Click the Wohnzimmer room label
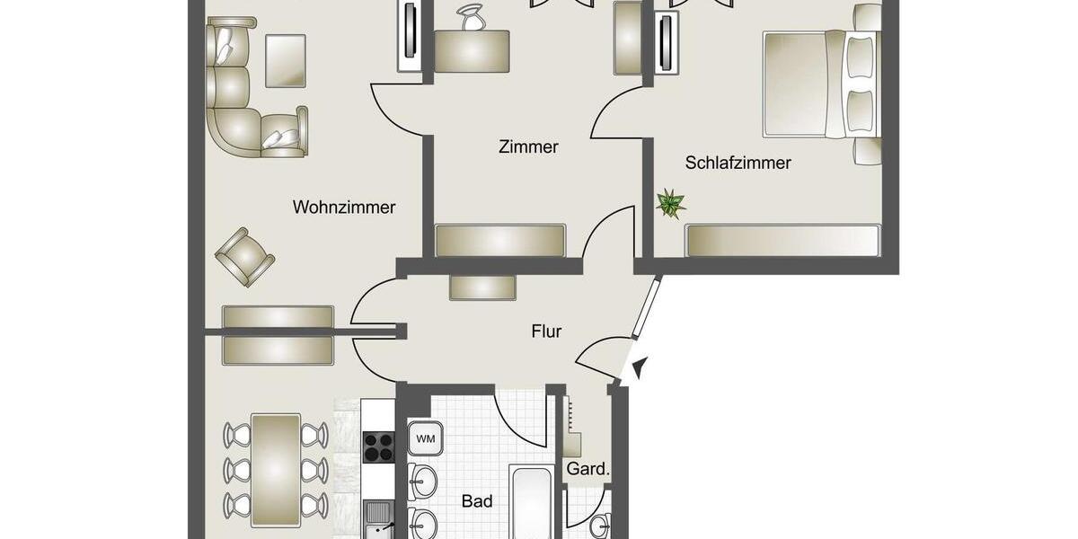coord(344,208)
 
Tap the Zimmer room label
coord(528,146)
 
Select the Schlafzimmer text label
coord(738,163)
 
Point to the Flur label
coord(546,331)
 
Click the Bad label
coord(477,501)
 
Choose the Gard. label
coord(588,469)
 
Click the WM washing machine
coord(426,439)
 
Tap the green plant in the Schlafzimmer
coord(669,203)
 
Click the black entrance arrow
coord(640,367)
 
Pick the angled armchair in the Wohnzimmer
coord(244,256)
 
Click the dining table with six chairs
coord(276,469)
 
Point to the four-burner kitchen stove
coord(378,446)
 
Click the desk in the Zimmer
coord(472,50)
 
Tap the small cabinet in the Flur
coord(482,287)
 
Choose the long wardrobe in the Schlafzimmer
coord(782,240)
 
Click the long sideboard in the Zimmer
coord(500,240)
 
